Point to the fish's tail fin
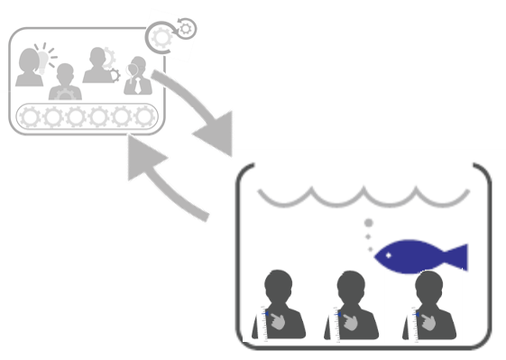coord(456,256)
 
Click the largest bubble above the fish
coord(368,222)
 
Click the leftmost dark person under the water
coord(279,306)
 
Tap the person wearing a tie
coord(137,76)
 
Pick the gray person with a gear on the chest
coord(64,84)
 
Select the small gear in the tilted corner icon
coord(185,29)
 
